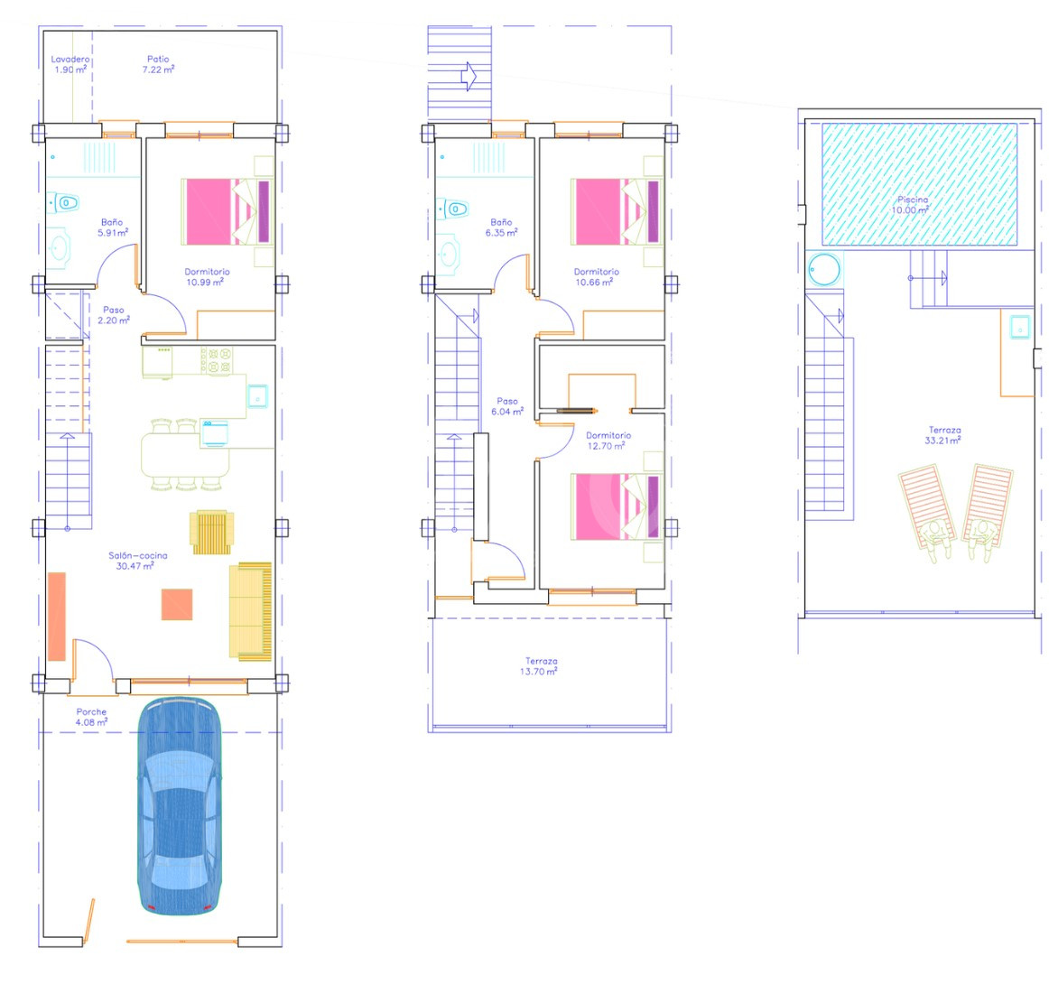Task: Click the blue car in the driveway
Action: [180, 805]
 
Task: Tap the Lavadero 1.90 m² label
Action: [70, 64]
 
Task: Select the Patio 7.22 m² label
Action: [159, 64]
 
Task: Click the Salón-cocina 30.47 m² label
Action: [138, 561]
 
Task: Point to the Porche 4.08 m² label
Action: [92, 717]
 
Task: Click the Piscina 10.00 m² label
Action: [912, 205]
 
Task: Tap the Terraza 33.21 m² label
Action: [943, 435]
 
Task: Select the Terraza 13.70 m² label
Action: [540, 666]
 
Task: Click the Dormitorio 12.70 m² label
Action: [608, 441]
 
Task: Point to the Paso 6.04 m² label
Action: [507, 407]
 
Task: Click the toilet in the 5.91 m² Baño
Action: [63, 202]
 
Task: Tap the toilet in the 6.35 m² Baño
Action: [453, 209]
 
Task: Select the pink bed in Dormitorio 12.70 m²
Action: [617, 506]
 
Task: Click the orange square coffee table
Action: [177, 604]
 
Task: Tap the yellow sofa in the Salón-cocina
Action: [251, 611]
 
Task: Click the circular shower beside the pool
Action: [823, 270]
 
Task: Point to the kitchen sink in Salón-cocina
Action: [258, 396]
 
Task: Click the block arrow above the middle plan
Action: [469, 76]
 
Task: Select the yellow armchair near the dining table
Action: [212, 532]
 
